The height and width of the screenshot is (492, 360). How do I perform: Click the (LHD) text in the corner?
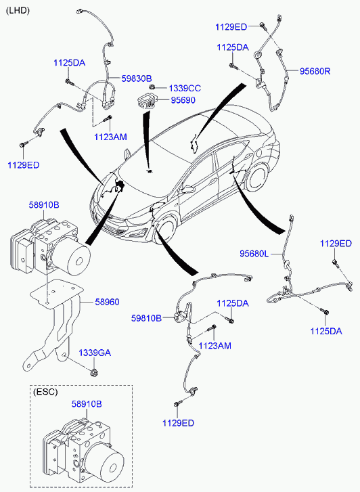(x=18, y=11)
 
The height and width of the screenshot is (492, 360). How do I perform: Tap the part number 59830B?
(x=137, y=79)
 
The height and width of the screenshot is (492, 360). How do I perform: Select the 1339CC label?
(x=185, y=89)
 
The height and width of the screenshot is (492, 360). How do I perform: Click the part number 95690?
(x=183, y=100)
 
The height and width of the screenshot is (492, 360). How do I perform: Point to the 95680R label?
(x=315, y=71)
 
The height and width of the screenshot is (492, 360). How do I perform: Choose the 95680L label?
(x=254, y=254)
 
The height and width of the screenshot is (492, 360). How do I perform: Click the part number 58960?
(x=108, y=302)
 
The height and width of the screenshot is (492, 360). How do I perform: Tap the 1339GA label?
(x=95, y=353)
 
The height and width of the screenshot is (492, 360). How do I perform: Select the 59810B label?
(x=146, y=319)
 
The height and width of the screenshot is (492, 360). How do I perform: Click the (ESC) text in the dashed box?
(x=45, y=392)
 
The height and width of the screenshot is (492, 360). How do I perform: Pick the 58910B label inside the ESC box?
(x=87, y=404)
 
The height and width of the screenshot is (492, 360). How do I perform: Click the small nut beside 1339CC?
(x=152, y=87)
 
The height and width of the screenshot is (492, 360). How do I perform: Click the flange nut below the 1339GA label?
(x=93, y=372)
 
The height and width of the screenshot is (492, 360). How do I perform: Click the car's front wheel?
(x=164, y=230)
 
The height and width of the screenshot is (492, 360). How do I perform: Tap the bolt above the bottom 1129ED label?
(x=177, y=404)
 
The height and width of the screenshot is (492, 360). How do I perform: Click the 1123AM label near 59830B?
(x=110, y=137)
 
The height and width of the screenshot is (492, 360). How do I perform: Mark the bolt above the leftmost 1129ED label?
(x=23, y=144)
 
